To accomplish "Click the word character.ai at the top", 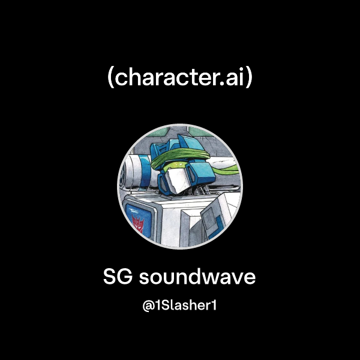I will (180, 78).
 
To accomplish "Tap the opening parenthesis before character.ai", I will (111, 79).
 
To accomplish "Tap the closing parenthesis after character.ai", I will (249, 79).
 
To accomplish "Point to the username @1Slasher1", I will (179, 305).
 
